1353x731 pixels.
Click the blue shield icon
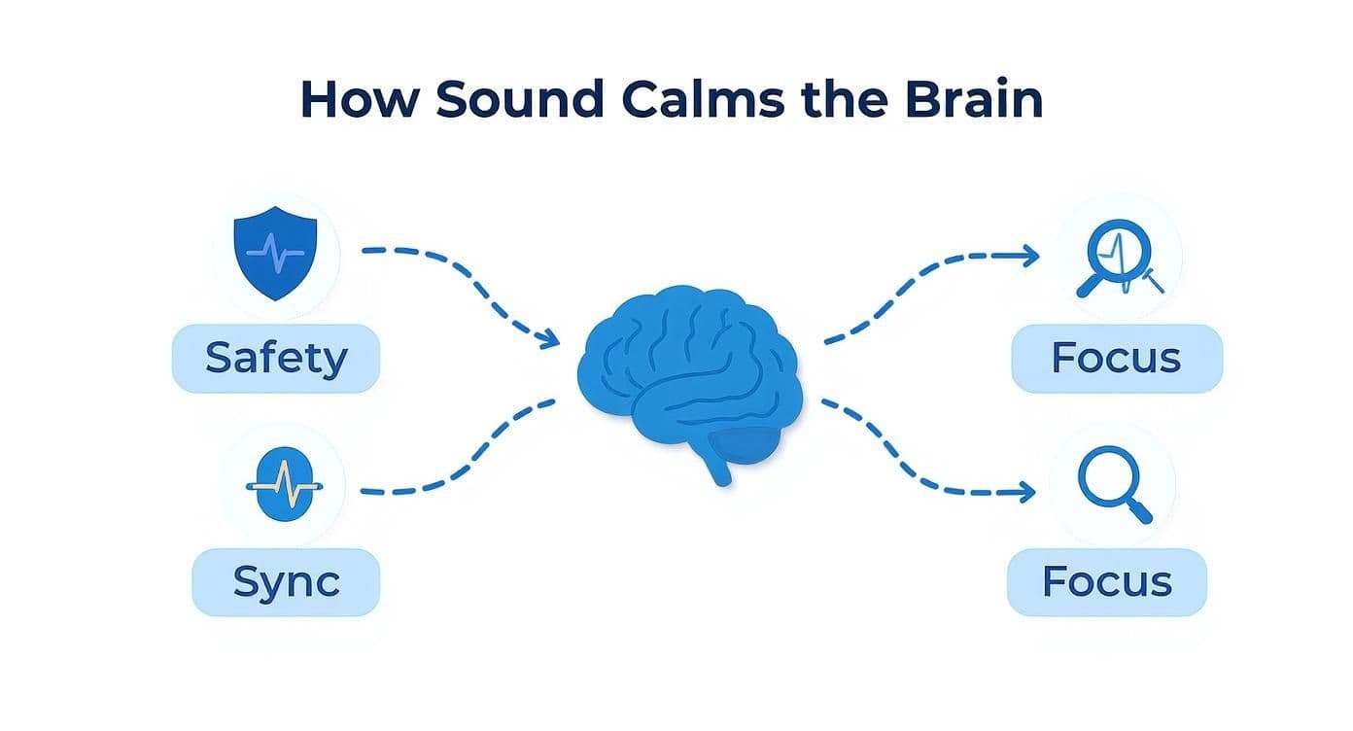click(275, 253)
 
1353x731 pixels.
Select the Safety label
click(276, 359)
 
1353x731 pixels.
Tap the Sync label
click(286, 582)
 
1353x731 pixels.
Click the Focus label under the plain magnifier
click(1107, 582)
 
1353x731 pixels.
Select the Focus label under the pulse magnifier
click(1116, 359)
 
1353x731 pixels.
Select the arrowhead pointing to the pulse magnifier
click(1031, 256)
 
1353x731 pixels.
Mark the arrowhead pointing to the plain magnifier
click(1027, 494)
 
